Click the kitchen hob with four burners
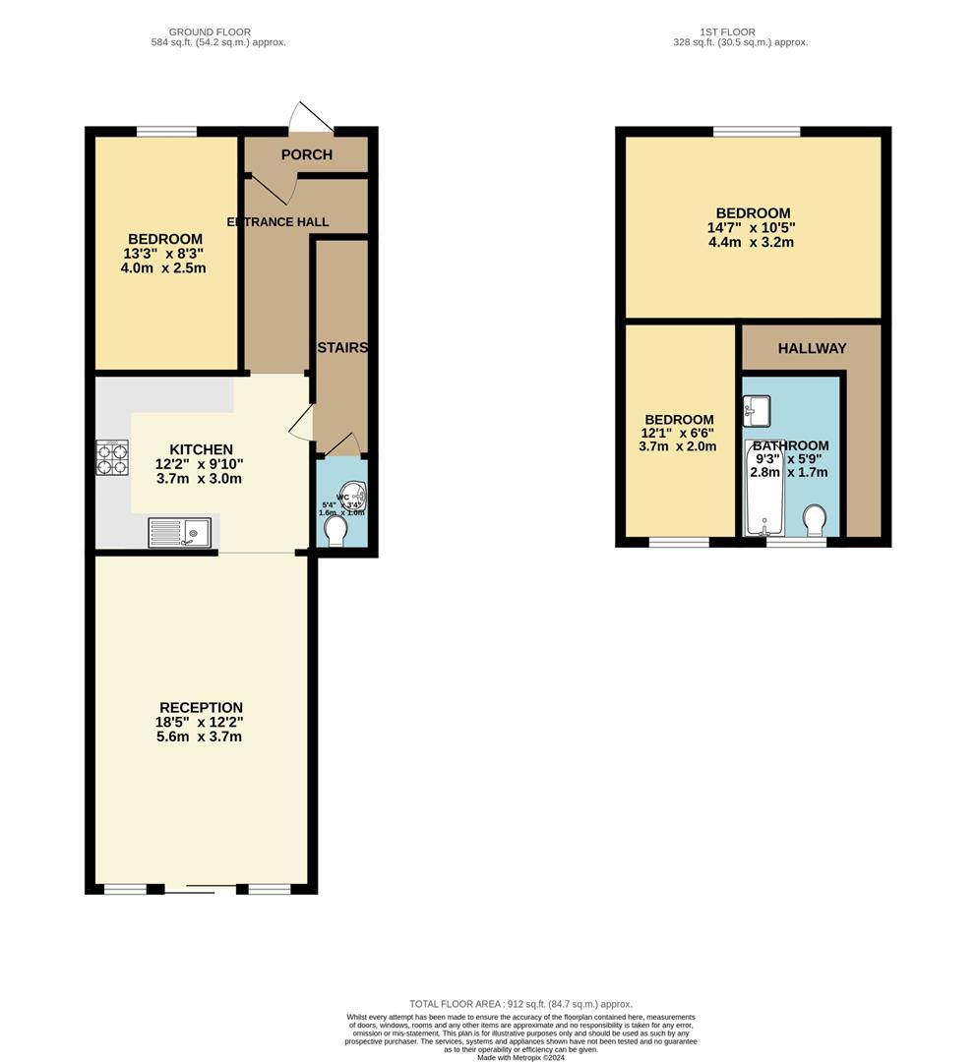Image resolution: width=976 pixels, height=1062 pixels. (111, 457)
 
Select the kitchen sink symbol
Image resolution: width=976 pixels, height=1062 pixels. (179, 532)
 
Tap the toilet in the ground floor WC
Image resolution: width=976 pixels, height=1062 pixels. (335, 531)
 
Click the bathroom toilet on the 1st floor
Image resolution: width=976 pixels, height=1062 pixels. (815, 518)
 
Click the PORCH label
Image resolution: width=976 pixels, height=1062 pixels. (307, 154)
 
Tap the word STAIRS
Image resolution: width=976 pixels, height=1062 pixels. (342, 348)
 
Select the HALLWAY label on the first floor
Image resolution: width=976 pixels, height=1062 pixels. (812, 348)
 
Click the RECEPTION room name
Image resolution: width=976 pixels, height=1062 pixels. (201, 707)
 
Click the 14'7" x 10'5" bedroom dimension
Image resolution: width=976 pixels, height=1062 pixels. (753, 227)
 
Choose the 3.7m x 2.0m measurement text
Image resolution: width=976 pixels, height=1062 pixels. (677, 446)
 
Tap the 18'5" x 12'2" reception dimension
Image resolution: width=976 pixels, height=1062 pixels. (201, 722)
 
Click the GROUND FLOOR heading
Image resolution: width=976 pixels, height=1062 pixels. (210, 32)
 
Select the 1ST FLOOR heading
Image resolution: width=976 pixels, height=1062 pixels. (726, 32)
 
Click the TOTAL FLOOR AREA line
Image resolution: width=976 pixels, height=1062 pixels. (520, 1004)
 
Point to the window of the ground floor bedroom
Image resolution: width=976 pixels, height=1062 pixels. (165, 132)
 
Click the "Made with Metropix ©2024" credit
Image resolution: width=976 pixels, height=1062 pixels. (520, 1057)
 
